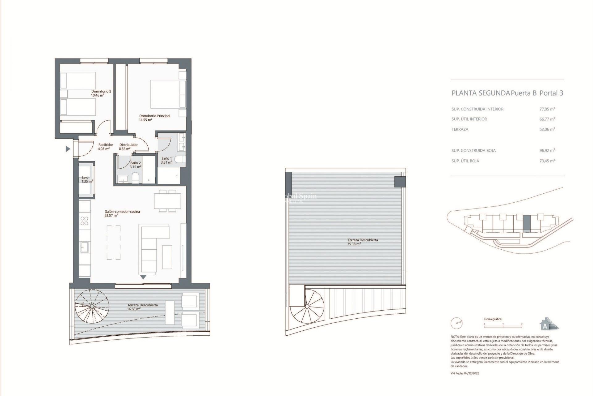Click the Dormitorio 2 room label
coord(101,92)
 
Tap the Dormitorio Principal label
coord(154,116)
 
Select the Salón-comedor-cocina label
coord(122,212)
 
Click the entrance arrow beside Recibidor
coord(68,149)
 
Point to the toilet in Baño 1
coord(180,160)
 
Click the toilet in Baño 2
coord(135,178)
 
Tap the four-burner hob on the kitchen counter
coord(84,221)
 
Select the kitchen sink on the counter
coord(84,247)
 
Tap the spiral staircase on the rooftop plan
coord(307,307)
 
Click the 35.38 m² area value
coord(354,244)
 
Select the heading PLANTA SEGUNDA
coord(481,93)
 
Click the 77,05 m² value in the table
coord(547,109)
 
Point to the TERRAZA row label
coord(460,129)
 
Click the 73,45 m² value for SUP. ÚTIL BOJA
coord(547,161)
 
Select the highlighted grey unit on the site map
coord(527,223)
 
